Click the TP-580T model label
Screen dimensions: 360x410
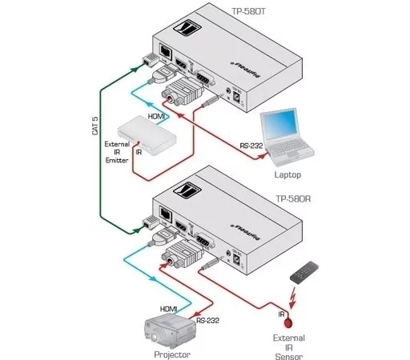pyautogui.click(x=248, y=10)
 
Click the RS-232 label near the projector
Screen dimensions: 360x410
pyautogui.click(x=207, y=319)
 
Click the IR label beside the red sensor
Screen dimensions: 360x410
pyautogui.click(x=283, y=314)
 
